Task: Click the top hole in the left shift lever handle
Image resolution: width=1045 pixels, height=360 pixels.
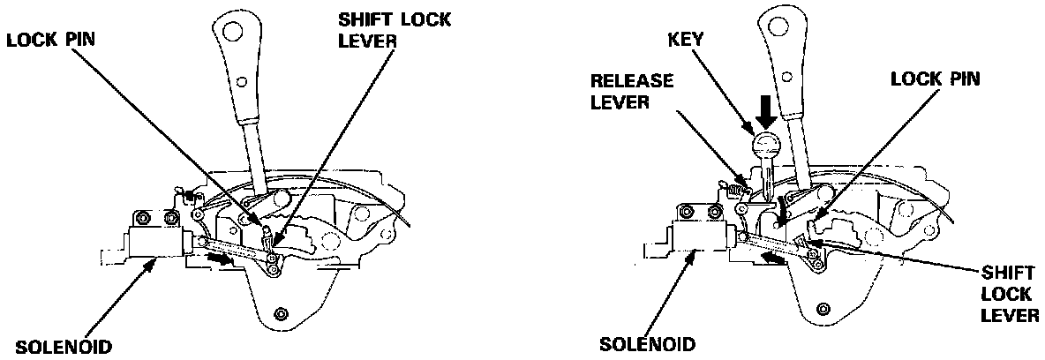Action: click(233, 33)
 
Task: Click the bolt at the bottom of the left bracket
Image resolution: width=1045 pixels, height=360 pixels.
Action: click(281, 314)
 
